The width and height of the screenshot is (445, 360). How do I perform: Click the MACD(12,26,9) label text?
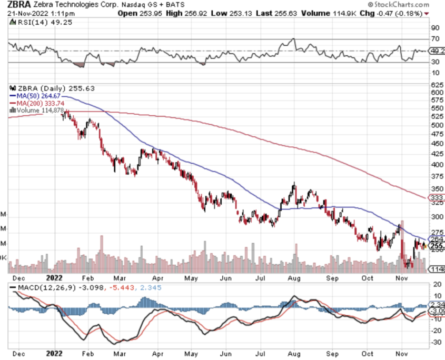pos(39,287)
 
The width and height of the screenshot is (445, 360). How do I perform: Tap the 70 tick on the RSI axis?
pos(435,39)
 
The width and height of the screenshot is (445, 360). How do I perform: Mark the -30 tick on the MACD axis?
pos(437,342)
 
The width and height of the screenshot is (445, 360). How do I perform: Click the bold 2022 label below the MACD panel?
pos(55,354)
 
